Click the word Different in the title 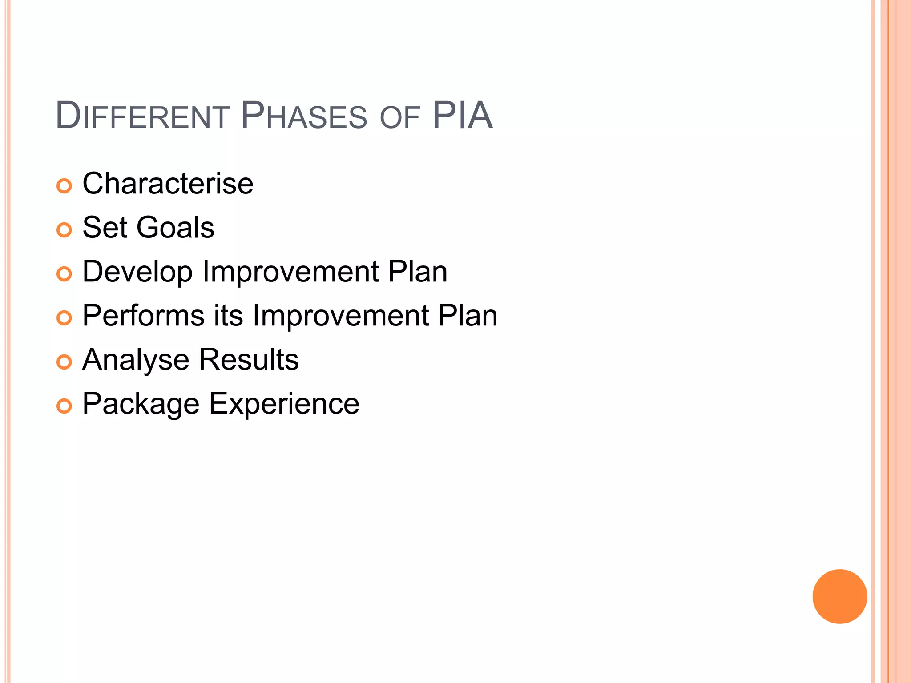(142, 116)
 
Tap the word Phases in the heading (304, 116)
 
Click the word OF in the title (400, 118)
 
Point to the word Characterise (168, 183)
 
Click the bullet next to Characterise (64, 186)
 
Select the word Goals (175, 227)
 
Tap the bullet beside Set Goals (64, 230)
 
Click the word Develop (137, 272)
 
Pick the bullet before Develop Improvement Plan (64, 274)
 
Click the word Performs (144, 315)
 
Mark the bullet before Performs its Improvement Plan (64, 318)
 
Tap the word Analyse (136, 360)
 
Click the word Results (249, 359)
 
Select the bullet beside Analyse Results (64, 362)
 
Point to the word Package (141, 404)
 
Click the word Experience (284, 404)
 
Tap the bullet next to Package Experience (64, 406)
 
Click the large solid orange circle (839, 596)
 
